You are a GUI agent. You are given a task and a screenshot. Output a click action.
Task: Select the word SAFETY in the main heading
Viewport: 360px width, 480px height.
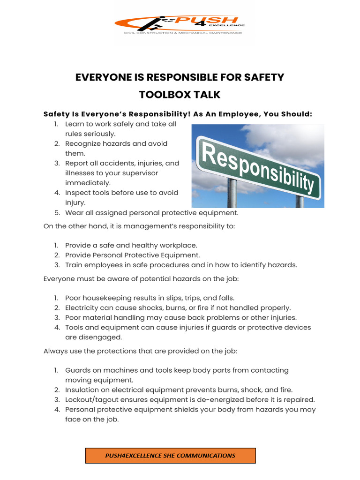(263, 77)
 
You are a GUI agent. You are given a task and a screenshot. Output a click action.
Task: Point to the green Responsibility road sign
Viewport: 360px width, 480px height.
(258, 166)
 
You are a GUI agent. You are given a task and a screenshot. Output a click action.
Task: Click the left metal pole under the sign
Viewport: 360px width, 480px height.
(232, 193)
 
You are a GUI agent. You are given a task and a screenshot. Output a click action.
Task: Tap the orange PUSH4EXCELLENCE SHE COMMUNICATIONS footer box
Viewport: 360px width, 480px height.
(170, 455)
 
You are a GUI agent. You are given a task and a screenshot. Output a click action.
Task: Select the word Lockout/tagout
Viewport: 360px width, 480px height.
(88, 399)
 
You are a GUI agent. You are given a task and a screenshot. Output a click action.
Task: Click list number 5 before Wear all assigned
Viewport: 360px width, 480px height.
(56, 212)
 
